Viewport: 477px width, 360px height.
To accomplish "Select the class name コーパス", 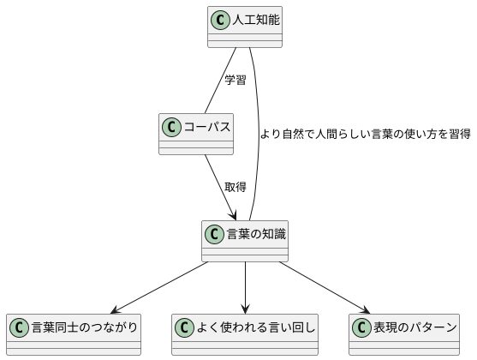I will coord(208,127).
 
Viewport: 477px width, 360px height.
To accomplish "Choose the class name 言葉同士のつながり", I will coord(83,327).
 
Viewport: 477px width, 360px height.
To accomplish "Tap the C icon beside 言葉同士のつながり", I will coord(20,327).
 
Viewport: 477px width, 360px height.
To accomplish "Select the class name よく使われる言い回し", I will coord(255,327).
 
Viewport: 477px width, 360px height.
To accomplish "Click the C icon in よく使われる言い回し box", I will coord(184,327).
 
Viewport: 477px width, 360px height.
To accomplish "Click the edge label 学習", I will coord(236,80).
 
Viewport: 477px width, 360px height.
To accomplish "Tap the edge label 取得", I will coord(236,187).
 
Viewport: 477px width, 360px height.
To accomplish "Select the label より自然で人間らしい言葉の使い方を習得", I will coord(365,134).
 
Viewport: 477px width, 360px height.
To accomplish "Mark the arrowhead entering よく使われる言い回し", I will coord(246,310).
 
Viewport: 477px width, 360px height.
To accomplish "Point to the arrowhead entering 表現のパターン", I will coord(367,310).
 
